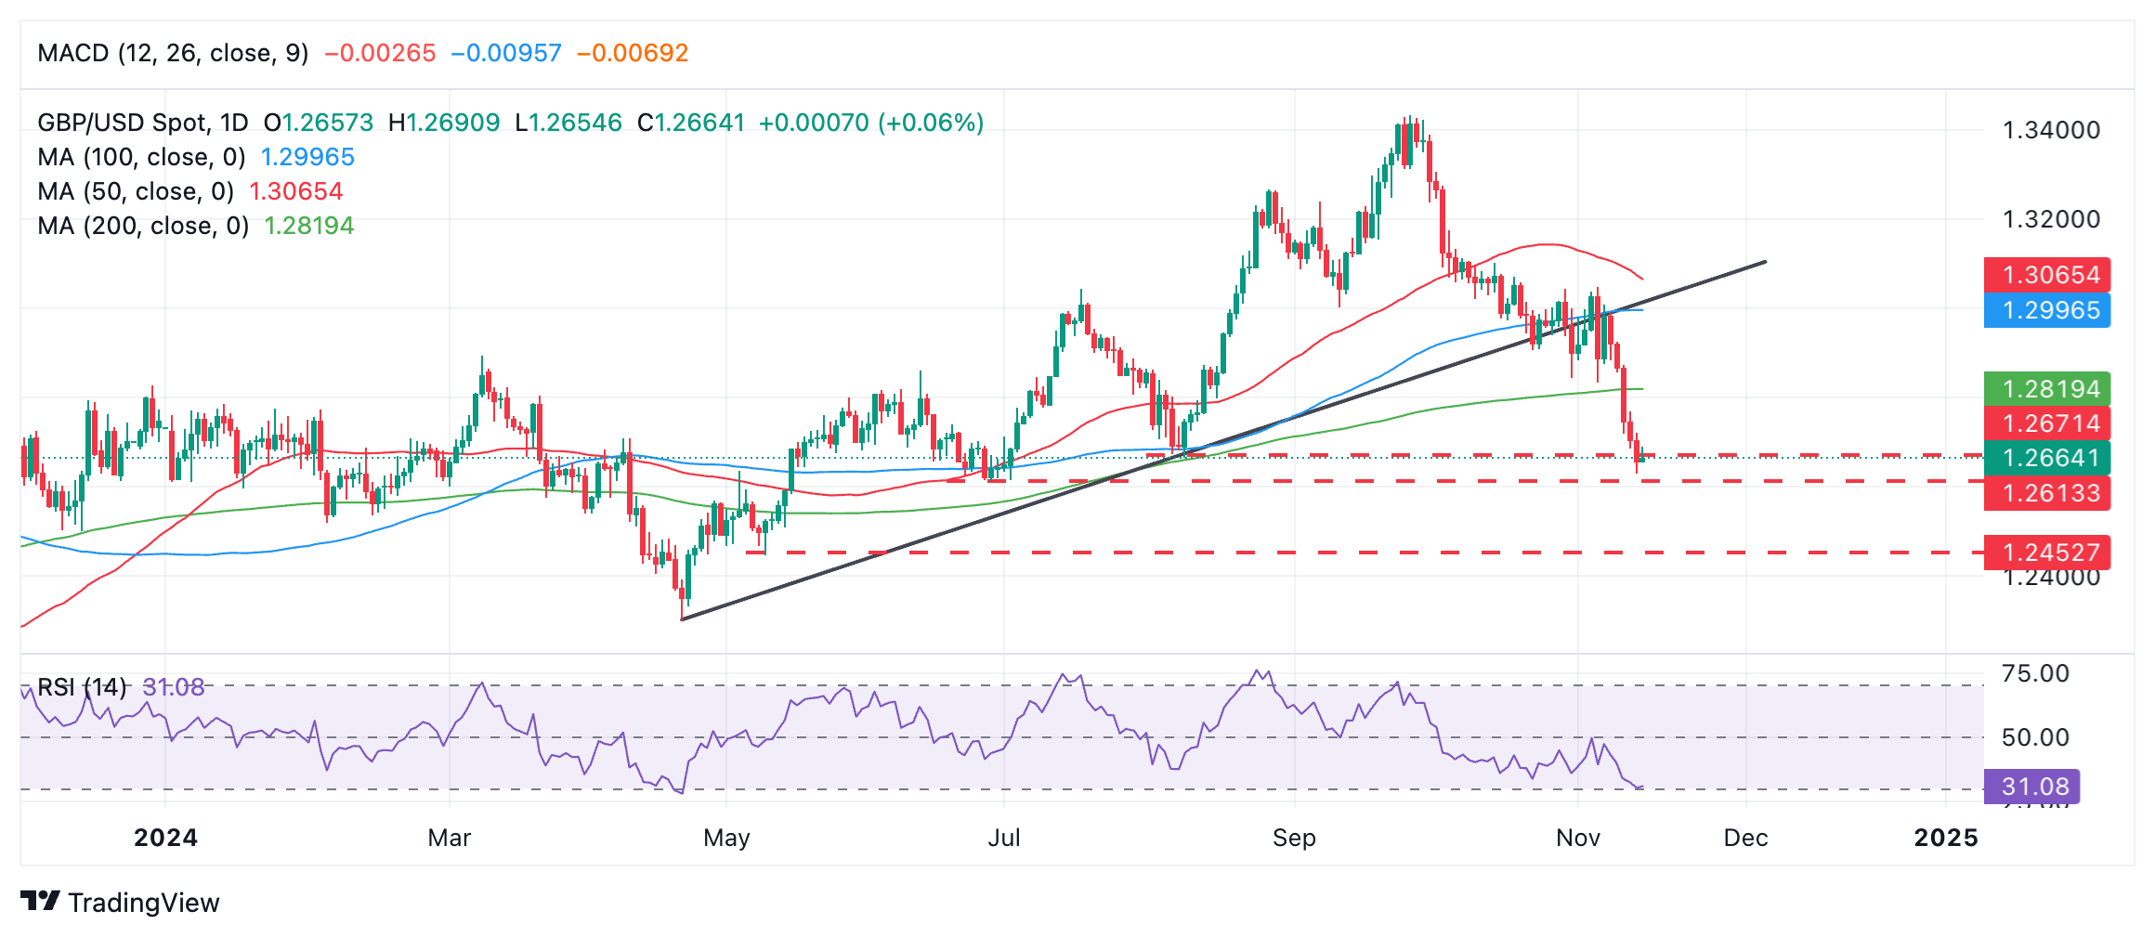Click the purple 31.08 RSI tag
(x=2031, y=787)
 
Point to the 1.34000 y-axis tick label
(x=2051, y=130)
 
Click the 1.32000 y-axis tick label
(x=2051, y=219)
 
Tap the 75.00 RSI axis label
(x=2035, y=673)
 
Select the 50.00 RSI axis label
(x=2035, y=737)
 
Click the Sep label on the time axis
(x=1294, y=838)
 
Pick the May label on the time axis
(x=726, y=838)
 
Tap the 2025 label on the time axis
(x=1946, y=838)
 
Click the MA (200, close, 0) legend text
(x=143, y=226)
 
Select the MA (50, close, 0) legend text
(x=136, y=191)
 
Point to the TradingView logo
(x=120, y=902)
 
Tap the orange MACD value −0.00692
(x=633, y=53)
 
